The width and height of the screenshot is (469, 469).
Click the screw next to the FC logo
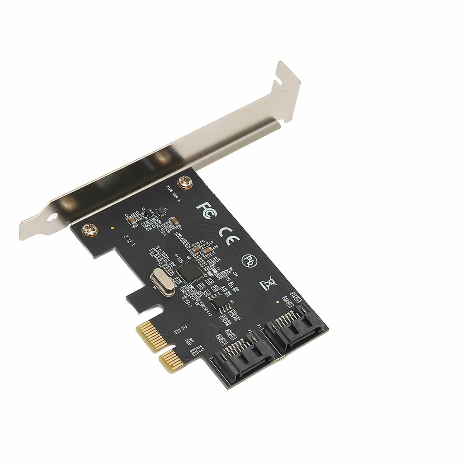pos(185,182)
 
